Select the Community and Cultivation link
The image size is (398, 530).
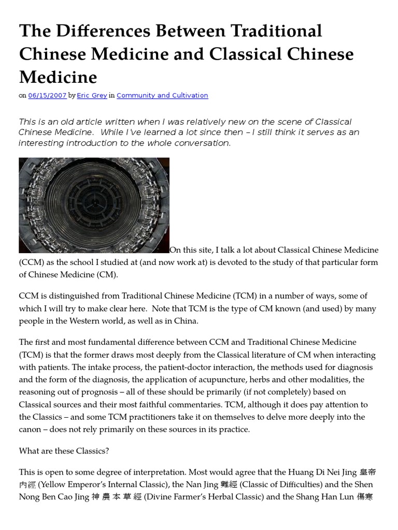point(162,96)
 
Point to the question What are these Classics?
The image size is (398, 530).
point(64,451)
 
